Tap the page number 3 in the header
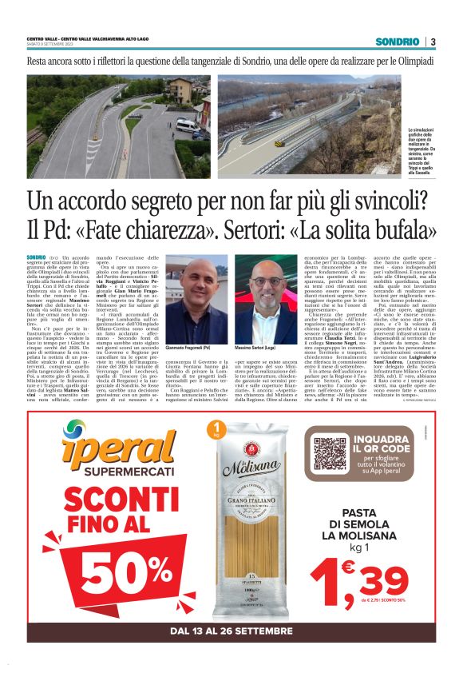click(x=433, y=42)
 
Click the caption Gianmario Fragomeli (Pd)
click(x=188, y=328)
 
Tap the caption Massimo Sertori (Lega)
click(x=256, y=328)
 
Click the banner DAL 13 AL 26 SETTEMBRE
click(x=231, y=631)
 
